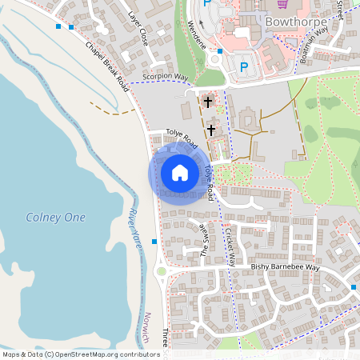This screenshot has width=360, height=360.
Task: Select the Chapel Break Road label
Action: (106, 65)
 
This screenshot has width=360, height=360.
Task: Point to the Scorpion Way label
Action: (164, 77)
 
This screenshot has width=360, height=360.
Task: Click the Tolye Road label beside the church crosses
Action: (182, 138)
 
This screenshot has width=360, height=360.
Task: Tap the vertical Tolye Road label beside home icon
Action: (210, 182)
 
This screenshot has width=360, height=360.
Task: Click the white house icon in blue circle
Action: (180, 173)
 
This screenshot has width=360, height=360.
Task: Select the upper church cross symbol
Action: (209, 102)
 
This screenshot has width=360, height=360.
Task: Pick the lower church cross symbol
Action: (212, 129)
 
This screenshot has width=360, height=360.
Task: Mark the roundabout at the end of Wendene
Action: (214, 58)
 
